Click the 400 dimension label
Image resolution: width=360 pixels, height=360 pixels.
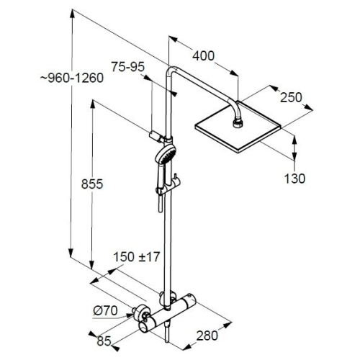pyautogui.click(x=203, y=56)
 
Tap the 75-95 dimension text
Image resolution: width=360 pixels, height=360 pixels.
pyautogui.click(x=128, y=67)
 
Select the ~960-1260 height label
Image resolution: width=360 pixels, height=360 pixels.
pyautogui.click(x=72, y=78)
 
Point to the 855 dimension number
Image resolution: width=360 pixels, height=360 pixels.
pyautogui.click(x=92, y=184)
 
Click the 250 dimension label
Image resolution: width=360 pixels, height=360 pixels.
pyautogui.click(x=291, y=97)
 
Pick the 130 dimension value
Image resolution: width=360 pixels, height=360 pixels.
pyautogui.click(x=294, y=179)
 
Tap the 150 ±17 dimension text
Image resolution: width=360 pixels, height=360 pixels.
pyautogui.click(x=136, y=257)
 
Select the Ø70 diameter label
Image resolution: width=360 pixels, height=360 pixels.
pyautogui.click(x=105, y=311)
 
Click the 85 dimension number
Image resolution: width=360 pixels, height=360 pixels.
pyautogui.click(x=104, y=341)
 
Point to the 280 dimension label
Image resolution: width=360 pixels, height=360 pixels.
pyautogui.click(x=207, y=336)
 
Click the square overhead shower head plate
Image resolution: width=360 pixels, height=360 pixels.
pyautogui.click(x=238, y=127)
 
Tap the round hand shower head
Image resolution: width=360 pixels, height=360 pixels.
pyautogui.click(x=166, y=153)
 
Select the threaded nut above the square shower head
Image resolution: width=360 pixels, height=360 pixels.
pyautogui.click(x=238, y=122)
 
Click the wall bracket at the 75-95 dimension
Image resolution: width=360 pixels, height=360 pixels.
pyautogui.click(x=156, y=137)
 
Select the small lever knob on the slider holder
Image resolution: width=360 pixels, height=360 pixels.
pyautogui.click(x=176, y=178)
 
